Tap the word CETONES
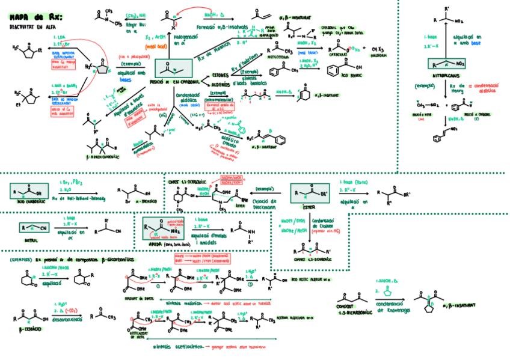pos(220,76)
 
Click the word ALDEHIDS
pos(220,85)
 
